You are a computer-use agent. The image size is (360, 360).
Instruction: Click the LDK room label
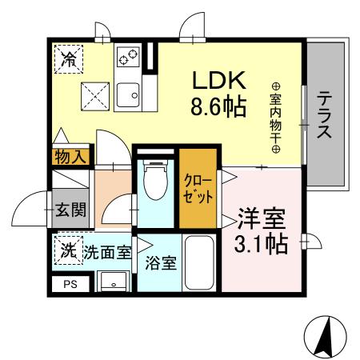coord(217,82)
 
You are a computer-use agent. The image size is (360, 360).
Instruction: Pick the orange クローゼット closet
coord(197,187)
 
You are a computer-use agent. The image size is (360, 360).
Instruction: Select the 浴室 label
coord(161,262)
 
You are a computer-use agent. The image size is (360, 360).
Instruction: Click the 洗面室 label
coord(108,250)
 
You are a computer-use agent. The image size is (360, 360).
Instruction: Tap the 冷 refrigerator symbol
coord(70,59)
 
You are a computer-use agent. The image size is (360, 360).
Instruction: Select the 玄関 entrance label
coord(70,211)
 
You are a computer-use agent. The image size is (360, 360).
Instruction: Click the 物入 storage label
coord(70,157)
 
